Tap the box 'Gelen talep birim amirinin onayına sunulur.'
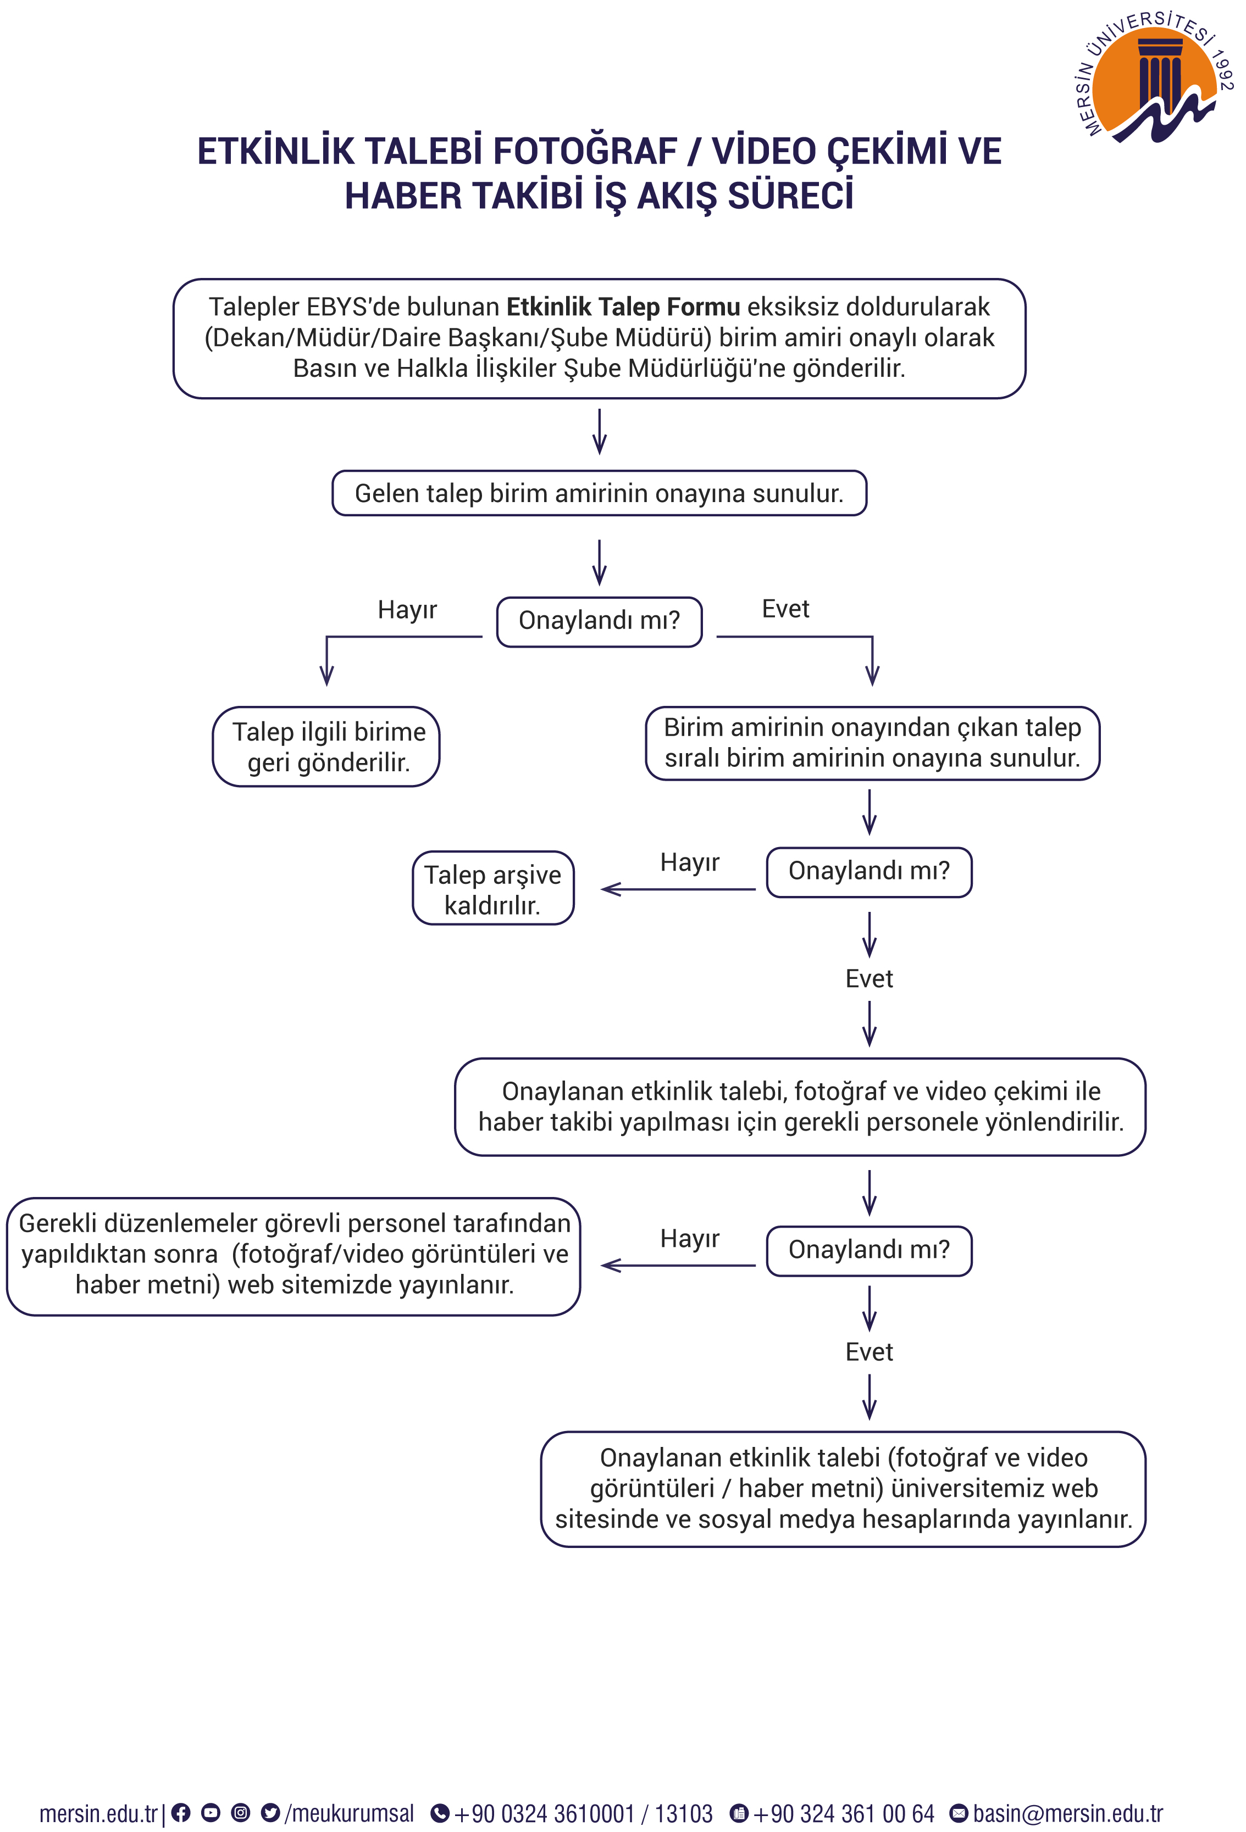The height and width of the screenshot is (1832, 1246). [599, 493]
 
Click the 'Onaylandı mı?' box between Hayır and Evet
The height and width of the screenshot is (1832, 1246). [599, 622]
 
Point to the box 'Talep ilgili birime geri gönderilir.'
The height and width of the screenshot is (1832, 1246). [326, 747]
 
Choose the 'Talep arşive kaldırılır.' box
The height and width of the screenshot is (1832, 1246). [493, 888]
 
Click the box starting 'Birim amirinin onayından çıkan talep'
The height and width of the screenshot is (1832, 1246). [872, 743]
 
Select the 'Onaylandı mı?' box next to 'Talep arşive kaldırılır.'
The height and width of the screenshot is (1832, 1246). [869, 872]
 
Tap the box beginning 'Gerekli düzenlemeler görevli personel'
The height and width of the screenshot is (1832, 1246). [294, 1256]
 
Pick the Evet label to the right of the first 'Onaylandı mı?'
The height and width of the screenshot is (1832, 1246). [785, 609]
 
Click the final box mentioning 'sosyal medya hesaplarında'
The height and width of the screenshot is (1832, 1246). [843, 1489]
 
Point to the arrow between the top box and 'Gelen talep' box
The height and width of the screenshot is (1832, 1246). [599, 431]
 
